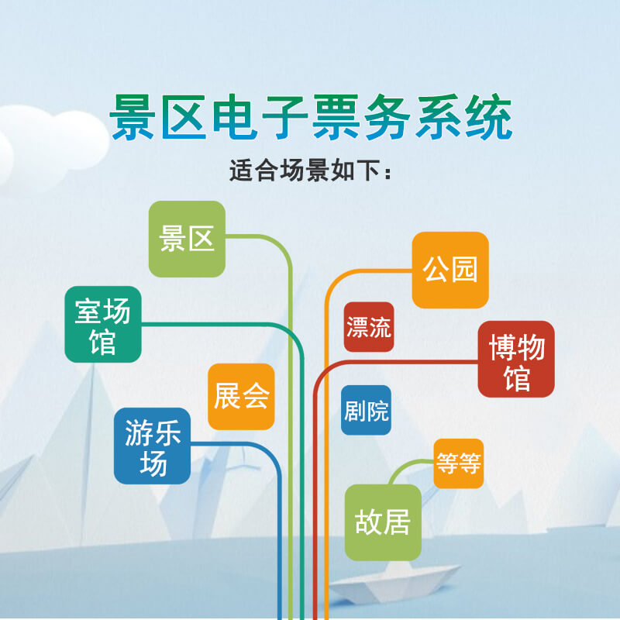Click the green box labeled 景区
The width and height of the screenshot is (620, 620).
coord(187,239)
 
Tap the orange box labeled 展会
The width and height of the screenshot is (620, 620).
coord(241,396)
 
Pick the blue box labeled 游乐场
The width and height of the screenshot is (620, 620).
coord(153,446)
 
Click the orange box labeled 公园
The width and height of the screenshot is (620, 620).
coord(450,269)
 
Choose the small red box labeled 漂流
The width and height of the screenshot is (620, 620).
coord(369,326)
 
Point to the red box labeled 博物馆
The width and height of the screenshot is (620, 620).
coord(516,359)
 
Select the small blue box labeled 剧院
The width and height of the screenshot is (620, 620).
coord(367,410)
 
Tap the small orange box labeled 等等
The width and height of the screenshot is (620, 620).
coord(459,463)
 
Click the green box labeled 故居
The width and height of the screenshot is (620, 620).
coord(383,522)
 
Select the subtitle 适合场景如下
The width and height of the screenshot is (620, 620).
coord(310,170)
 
